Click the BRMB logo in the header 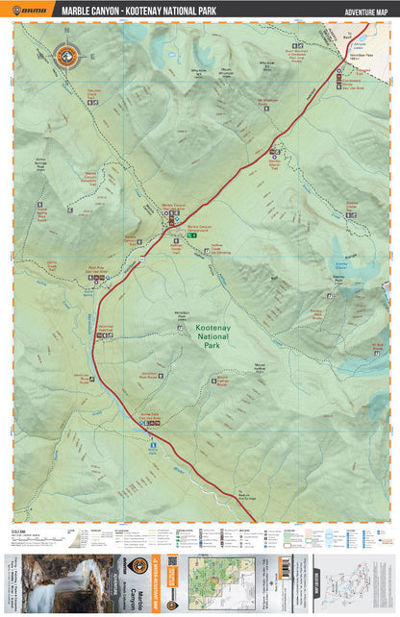(33, 11)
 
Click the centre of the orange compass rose (66, 57)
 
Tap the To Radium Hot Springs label (249, 498)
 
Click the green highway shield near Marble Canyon (192, 234)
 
